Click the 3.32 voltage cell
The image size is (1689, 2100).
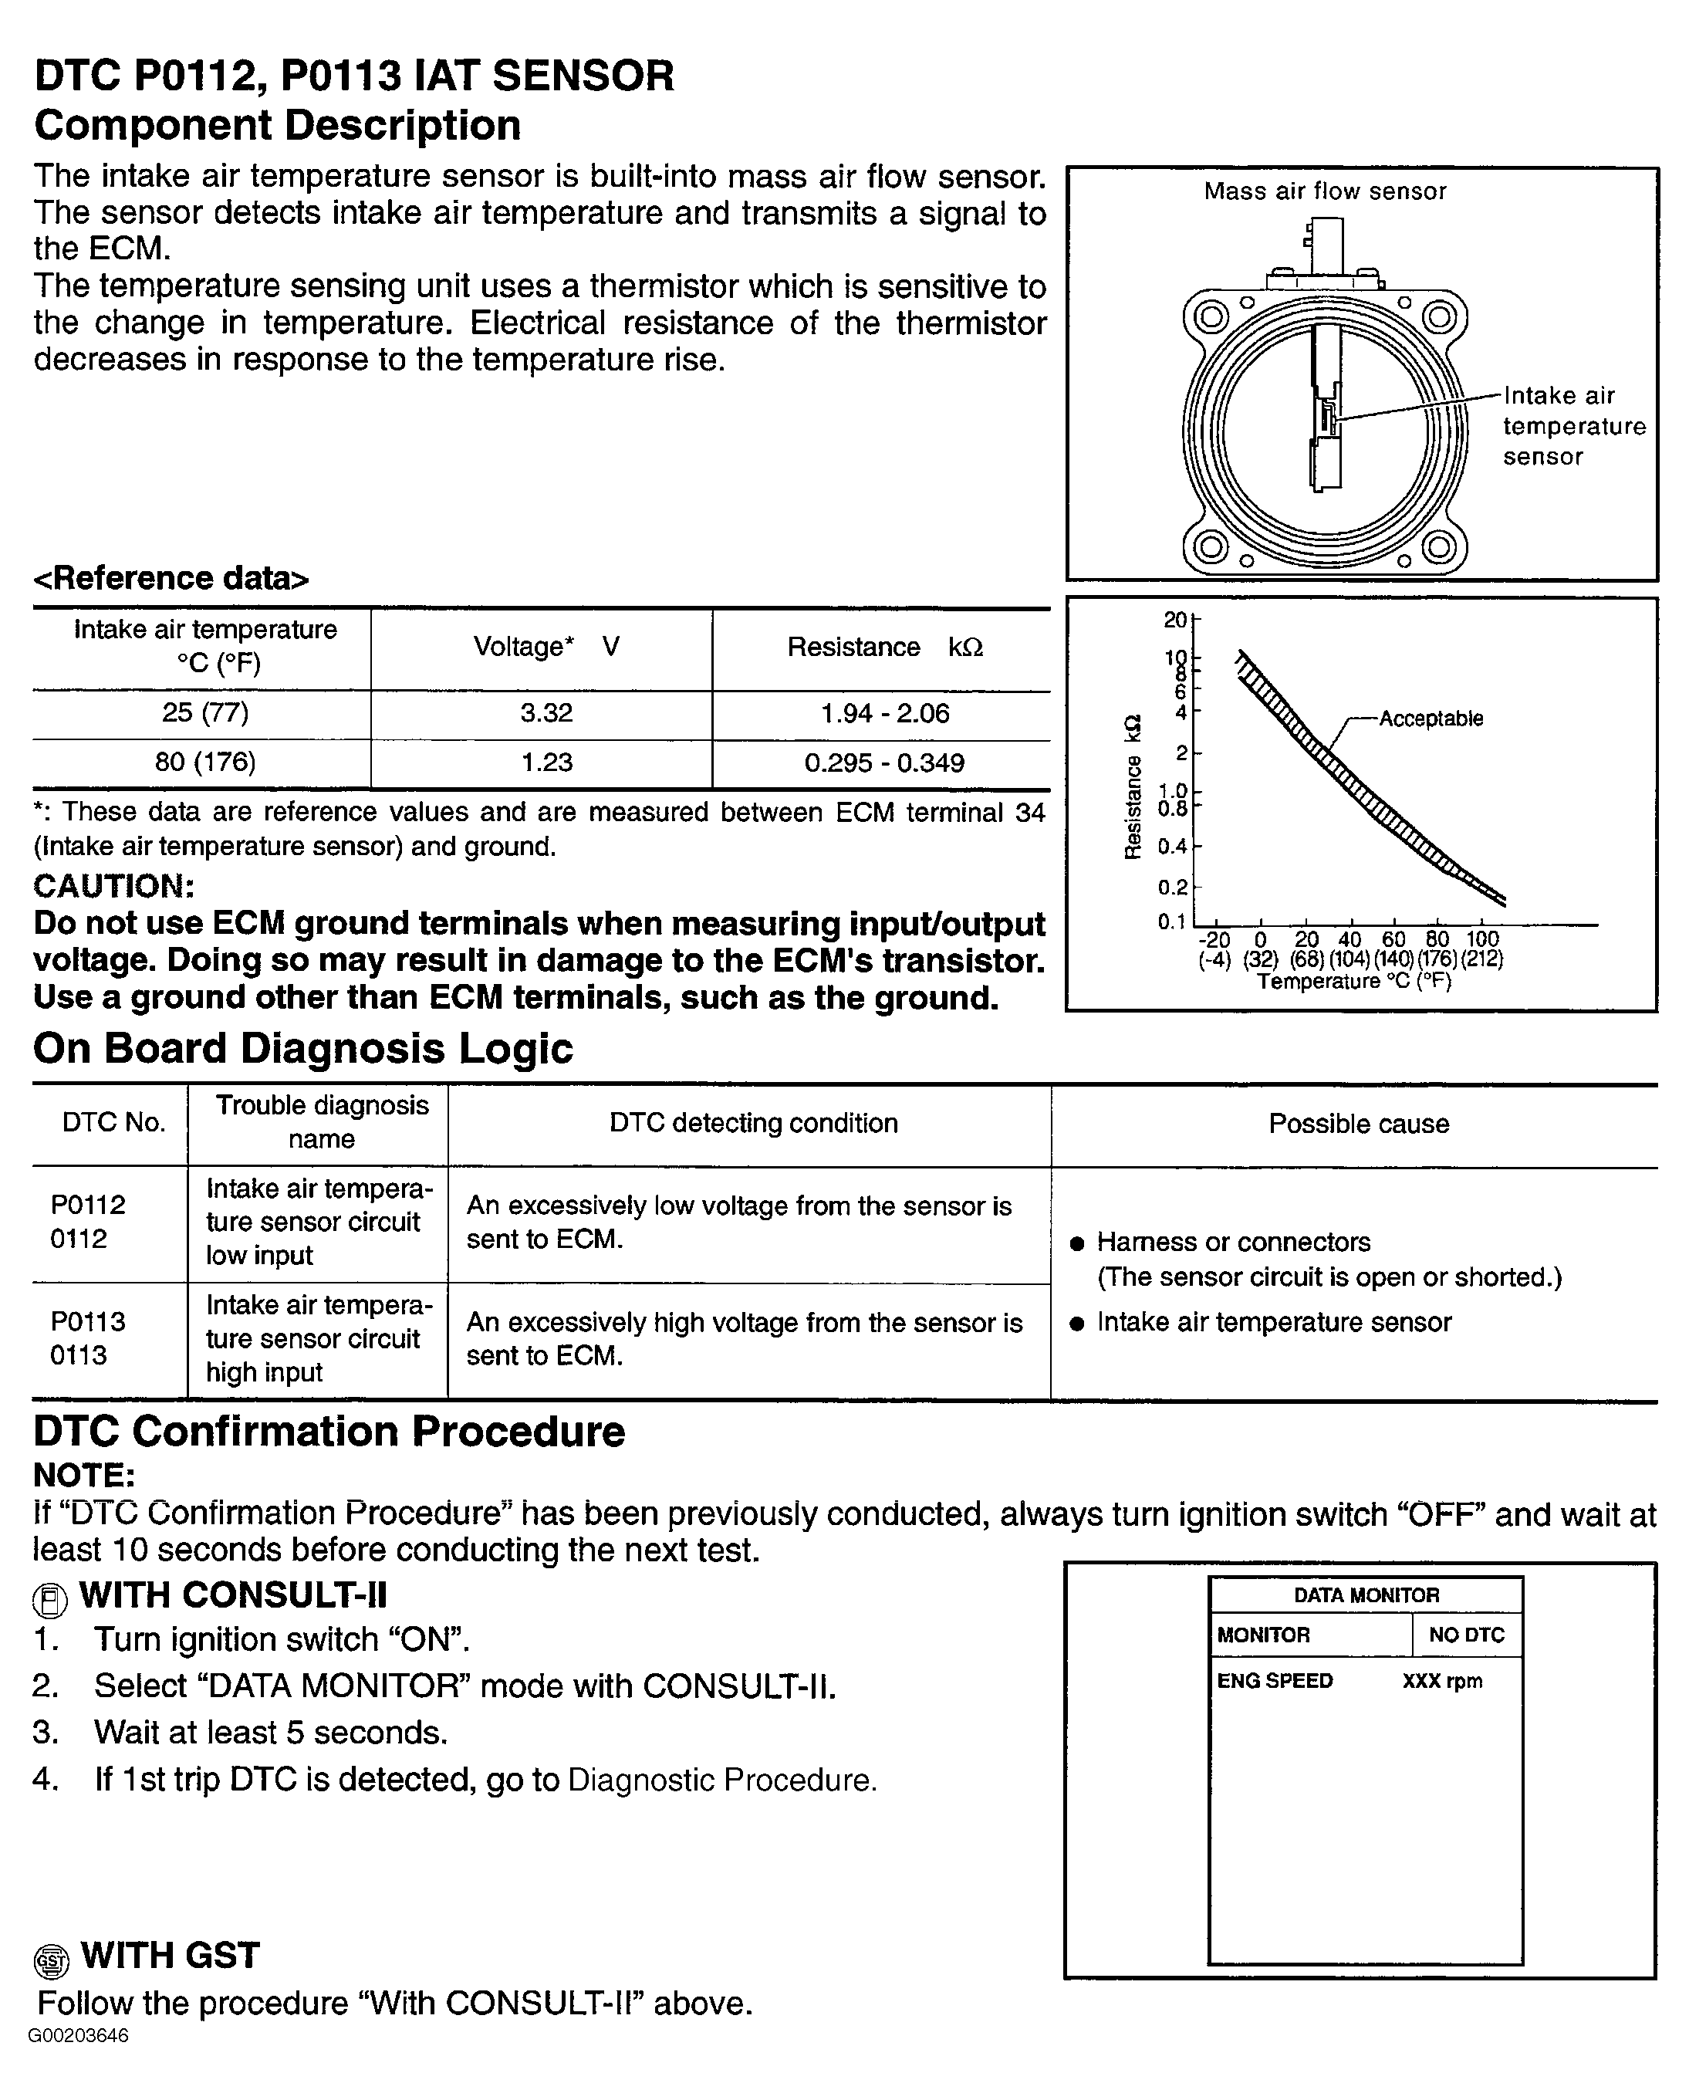(546, 713)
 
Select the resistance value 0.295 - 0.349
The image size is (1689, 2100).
(883, 763)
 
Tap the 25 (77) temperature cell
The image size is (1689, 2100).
(204, 713)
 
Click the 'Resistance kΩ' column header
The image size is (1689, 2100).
(883, 648)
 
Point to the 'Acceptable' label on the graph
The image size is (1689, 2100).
(1430, 719)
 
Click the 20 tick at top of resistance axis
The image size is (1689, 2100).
(1174, 620)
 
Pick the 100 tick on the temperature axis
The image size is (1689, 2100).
(1481, 939)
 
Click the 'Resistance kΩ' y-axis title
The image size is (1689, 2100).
(1133, 787)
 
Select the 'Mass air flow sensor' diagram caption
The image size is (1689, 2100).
(1325, 191)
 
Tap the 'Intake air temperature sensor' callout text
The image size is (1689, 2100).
(1572, 426)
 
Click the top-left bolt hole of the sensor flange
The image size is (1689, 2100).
(1211, 316)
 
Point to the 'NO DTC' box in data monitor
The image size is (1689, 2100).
(1466, 1635)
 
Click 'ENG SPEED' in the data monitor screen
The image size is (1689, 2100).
(1274, 1681)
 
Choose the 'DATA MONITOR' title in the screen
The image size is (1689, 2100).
(1366, 1595)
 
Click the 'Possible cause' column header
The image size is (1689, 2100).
(1358, 1124)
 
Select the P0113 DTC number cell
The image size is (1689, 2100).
(88, 1338)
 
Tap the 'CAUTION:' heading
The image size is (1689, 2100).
(113, 886)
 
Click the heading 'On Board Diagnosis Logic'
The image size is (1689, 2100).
(303, 1049)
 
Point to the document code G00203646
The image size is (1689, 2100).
(78, 2037)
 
